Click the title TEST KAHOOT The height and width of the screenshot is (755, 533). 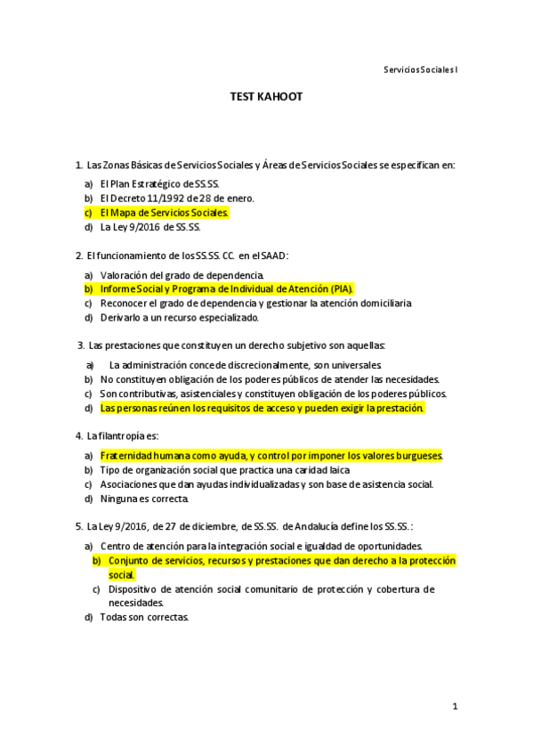[266, 97]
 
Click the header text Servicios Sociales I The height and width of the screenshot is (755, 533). [421, 69]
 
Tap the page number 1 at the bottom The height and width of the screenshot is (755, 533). [454, 707]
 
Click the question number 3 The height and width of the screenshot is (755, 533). [81, 345]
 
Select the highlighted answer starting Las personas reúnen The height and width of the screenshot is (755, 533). [262, 409]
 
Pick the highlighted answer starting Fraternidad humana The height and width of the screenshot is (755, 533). [271, 455]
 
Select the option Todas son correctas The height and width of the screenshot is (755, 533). [144, 617]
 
